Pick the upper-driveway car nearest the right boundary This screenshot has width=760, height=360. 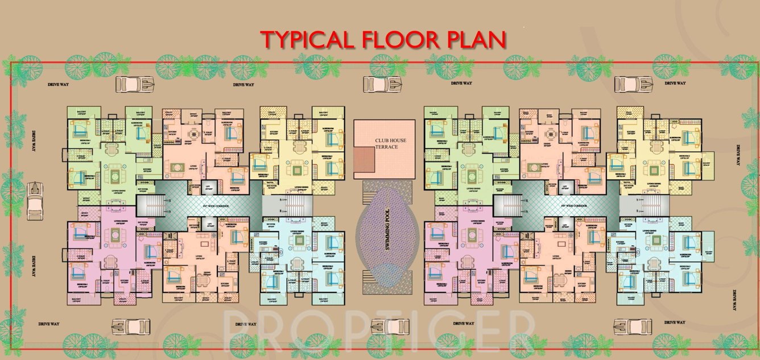tap(633, 84)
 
